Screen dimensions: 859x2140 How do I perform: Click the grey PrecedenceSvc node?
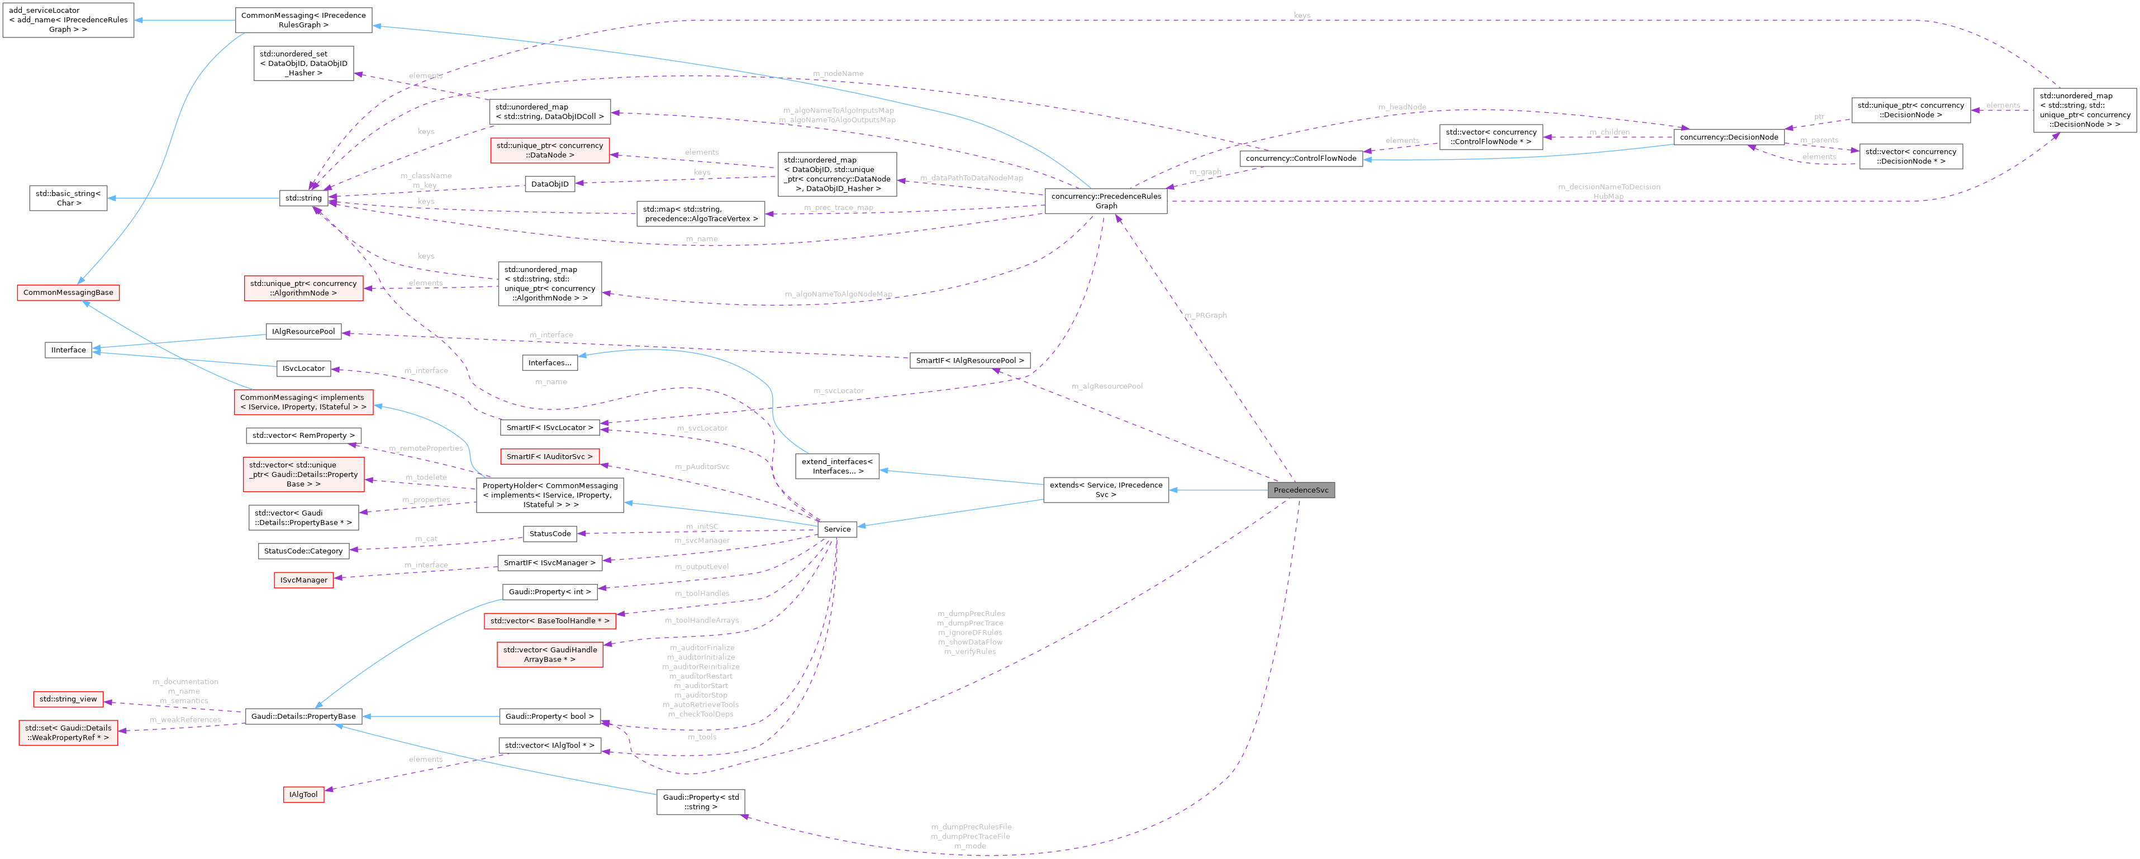[1301, 490]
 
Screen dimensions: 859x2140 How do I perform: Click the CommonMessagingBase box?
[68, 293]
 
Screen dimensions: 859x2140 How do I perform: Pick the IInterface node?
[68, 350]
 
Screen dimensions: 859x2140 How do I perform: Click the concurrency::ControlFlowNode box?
[1300, 158]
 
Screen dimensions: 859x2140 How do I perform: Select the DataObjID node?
[550, 184]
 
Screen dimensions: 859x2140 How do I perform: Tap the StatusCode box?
[550, 533]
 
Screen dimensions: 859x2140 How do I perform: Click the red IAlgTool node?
[303, 794]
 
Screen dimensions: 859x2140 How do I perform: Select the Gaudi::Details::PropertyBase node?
[303, 716]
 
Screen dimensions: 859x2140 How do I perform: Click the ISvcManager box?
[303, 580]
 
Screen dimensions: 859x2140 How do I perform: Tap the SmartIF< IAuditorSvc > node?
[550, 457]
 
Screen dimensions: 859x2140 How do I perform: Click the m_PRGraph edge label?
[1205, 316]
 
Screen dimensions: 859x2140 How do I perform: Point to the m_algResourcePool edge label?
[1106, 386]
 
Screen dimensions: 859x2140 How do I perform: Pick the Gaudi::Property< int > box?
[550, 591]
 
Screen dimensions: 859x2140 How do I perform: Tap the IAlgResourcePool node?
[303, 331]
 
